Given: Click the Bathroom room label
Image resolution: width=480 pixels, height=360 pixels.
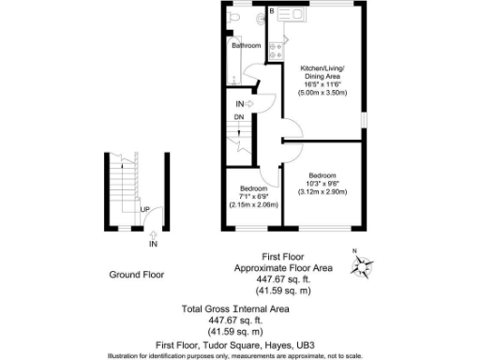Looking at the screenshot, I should [x=247, y=45].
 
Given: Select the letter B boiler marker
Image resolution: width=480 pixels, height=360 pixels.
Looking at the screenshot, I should [x=272, y=10].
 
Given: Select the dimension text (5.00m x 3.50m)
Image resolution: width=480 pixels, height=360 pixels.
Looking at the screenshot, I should [x=322, y=93].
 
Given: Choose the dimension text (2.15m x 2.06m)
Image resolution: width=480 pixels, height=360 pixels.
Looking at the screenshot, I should [x=248, y=203].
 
